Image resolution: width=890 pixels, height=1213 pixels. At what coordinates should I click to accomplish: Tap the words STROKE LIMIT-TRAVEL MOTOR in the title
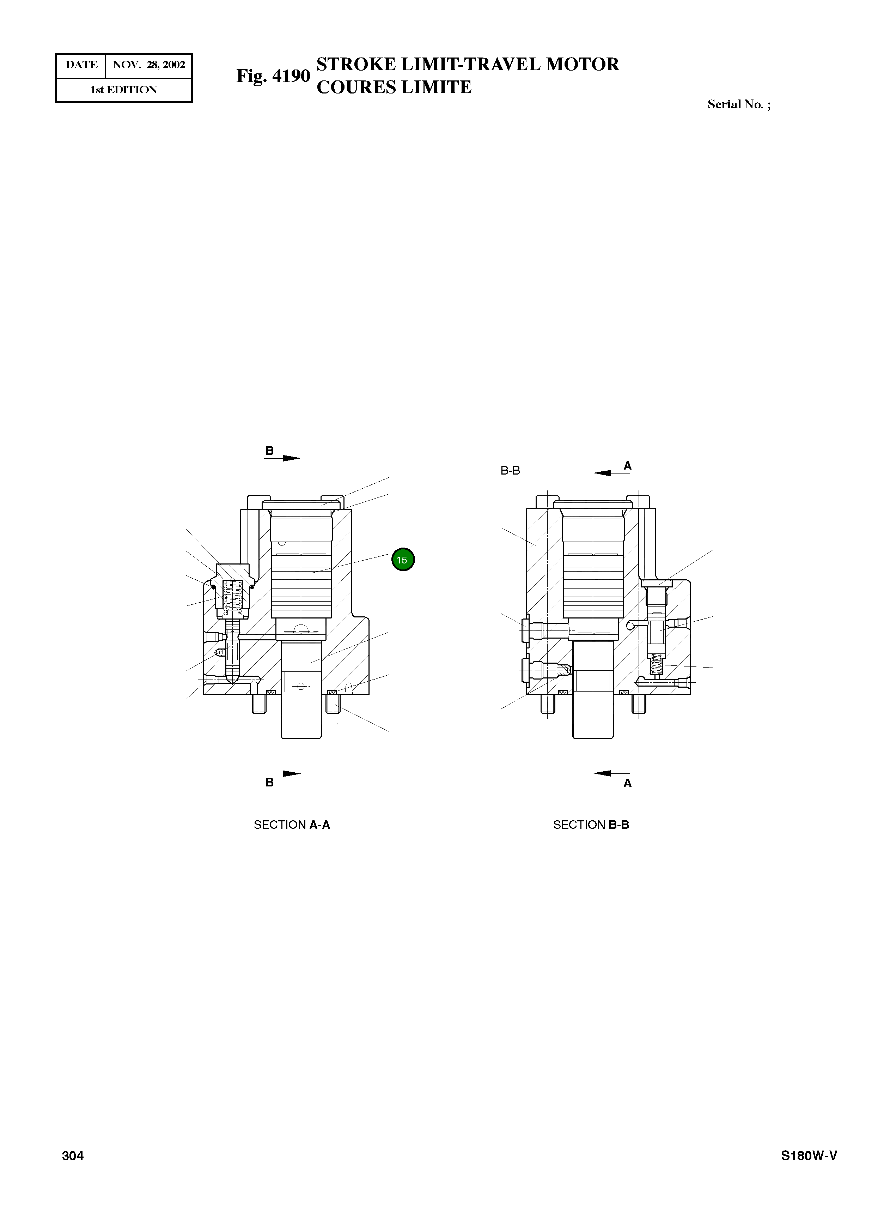pos(468,64)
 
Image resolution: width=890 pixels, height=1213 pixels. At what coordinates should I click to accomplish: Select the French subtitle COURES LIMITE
pos(394,87)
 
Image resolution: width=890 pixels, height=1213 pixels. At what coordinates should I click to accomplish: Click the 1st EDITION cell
pos(123,90)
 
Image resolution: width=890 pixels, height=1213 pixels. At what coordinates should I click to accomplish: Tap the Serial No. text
pos(739,104)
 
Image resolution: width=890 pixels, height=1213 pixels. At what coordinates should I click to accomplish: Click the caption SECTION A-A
pos(292,825)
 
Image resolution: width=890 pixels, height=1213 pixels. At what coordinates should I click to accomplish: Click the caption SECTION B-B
pos(591,825)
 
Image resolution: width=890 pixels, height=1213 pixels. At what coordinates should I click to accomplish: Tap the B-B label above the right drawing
pos(510,471)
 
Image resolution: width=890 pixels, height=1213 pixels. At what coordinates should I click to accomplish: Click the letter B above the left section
pos(269,451)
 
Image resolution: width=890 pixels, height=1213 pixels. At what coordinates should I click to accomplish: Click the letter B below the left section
pos(269,783)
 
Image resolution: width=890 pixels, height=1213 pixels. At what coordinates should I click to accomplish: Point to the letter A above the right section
pos(627,466)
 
